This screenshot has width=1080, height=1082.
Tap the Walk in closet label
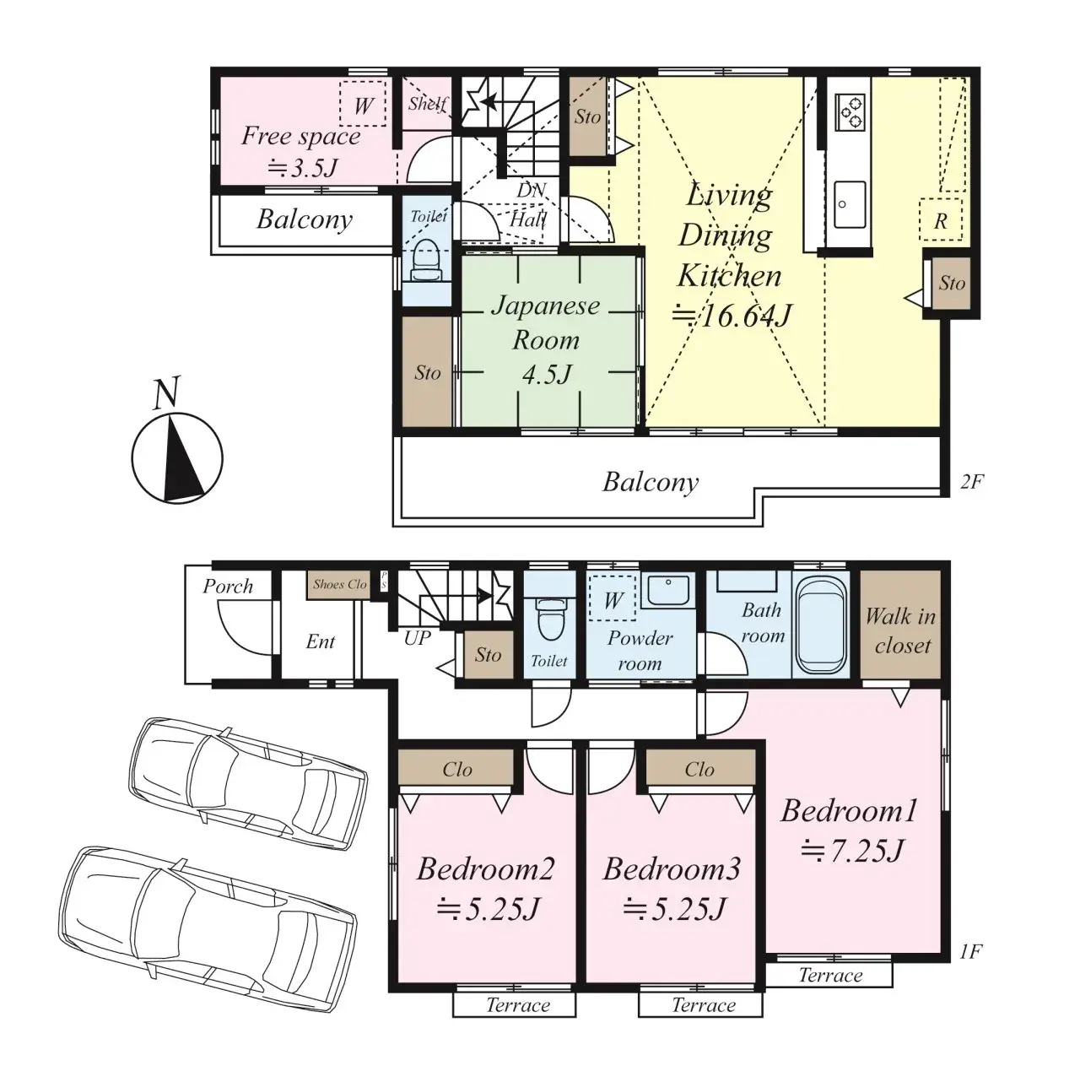[x=900, y=630]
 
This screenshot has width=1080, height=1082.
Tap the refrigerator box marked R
[x=940, y=221]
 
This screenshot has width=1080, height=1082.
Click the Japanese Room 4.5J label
[x=546, y=339]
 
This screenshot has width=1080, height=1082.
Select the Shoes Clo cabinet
[x=339, y=584]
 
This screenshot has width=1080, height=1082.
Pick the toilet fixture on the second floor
[x=428, y=260]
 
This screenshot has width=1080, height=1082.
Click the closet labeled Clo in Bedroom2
[x=456, y=770]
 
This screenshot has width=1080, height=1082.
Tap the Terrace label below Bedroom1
[x=830, y=976]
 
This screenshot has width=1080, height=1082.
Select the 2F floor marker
[x=971, y=482]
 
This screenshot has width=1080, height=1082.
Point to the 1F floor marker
[x=970, y=952]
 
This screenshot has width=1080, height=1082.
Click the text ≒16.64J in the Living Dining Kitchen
[x=731, y=316]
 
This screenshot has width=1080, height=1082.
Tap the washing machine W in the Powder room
[x=613, y=601]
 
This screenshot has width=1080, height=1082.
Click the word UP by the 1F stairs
[x=417, y=638]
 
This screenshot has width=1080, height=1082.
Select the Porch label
[x=228, y=586]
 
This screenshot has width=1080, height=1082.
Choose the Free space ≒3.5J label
[x=301, y=151]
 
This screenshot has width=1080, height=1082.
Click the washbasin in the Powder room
[x=667, y=590]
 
